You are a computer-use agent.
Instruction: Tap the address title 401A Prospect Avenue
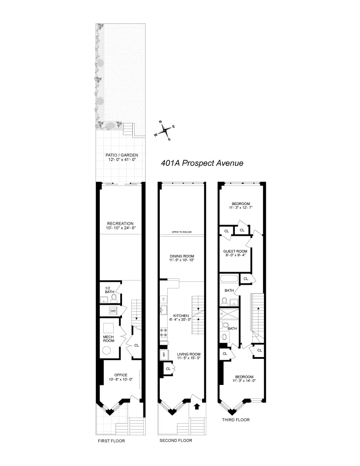point(202,163)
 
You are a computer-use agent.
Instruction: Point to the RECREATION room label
point(120,226)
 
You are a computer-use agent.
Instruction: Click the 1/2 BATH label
point(109,289)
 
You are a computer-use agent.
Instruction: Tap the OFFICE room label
point(121,377)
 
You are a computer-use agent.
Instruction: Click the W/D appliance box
point(112,310)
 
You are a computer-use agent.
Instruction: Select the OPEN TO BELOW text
point(181,232)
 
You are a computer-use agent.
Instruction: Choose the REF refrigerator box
point(164,354)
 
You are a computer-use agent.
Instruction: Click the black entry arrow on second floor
point(197,406)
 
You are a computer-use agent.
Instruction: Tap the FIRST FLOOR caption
point(111,441)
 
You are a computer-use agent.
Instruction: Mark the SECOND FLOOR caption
point(176,440)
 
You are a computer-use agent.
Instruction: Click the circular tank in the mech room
point(108,351)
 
